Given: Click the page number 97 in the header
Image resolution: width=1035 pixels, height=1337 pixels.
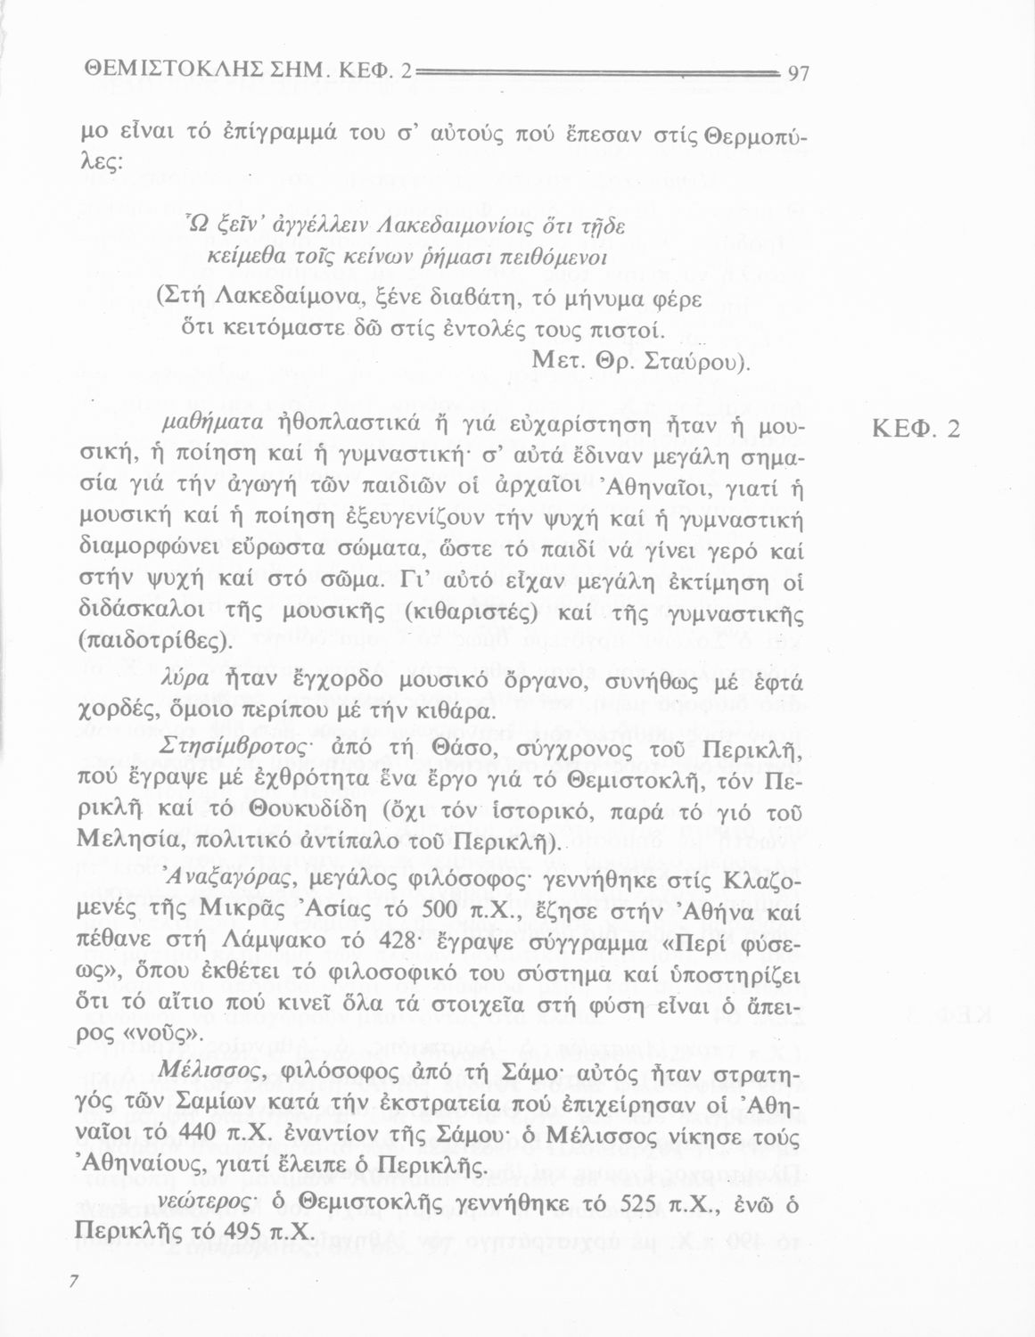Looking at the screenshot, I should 798,73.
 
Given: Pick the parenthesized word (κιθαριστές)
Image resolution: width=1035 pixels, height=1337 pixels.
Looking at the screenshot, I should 470,614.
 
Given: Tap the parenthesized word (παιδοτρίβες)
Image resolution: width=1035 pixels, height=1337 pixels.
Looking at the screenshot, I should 156,642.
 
